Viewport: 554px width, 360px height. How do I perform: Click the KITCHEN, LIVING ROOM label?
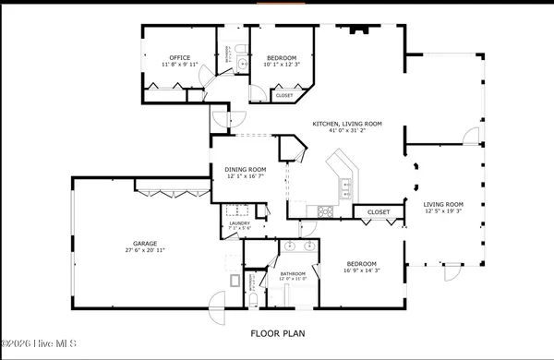(x=346, y=124)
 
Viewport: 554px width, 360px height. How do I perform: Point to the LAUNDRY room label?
(x=240, y=222)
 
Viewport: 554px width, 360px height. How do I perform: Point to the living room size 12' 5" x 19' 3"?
(x=441, y=211)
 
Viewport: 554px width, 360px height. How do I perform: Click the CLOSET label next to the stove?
(x=378, y=211)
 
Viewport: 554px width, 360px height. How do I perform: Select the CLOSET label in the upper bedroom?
(x=284, y=95)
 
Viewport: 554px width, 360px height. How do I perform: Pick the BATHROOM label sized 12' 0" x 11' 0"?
(x=293, y=274)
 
